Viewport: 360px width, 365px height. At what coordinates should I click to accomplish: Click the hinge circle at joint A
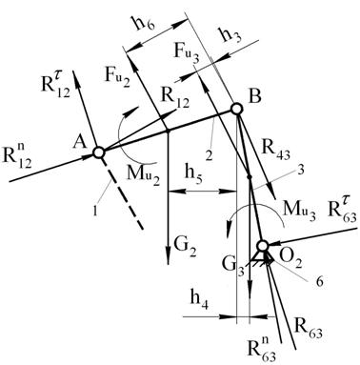click(99, 152)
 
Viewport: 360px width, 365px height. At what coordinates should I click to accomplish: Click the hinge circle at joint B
click(236, 110)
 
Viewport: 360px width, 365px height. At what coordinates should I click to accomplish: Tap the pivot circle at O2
click(263, 246)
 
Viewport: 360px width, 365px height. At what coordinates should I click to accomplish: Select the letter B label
click(254, 96)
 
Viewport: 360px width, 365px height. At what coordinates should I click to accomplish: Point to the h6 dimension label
click(145, 24)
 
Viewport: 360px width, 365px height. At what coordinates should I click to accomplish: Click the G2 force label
click(185, 250)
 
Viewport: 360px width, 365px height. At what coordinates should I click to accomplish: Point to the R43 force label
click(275, 150)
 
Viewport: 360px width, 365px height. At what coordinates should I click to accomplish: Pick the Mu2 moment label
click(142, 177)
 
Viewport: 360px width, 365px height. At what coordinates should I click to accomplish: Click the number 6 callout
click(319, 282)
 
